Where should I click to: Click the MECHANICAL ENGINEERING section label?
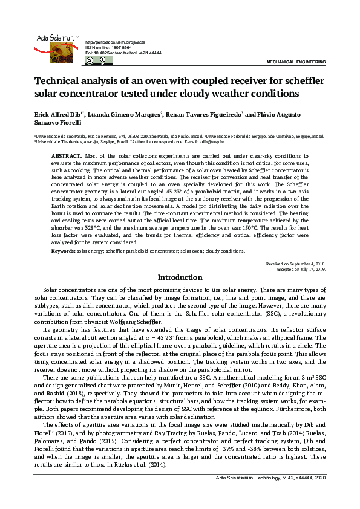296,62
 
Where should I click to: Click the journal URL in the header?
115,42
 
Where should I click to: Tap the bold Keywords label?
64,250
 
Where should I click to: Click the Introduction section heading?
180,277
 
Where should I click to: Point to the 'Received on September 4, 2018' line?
296,264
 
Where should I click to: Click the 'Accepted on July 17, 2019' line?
301,269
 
